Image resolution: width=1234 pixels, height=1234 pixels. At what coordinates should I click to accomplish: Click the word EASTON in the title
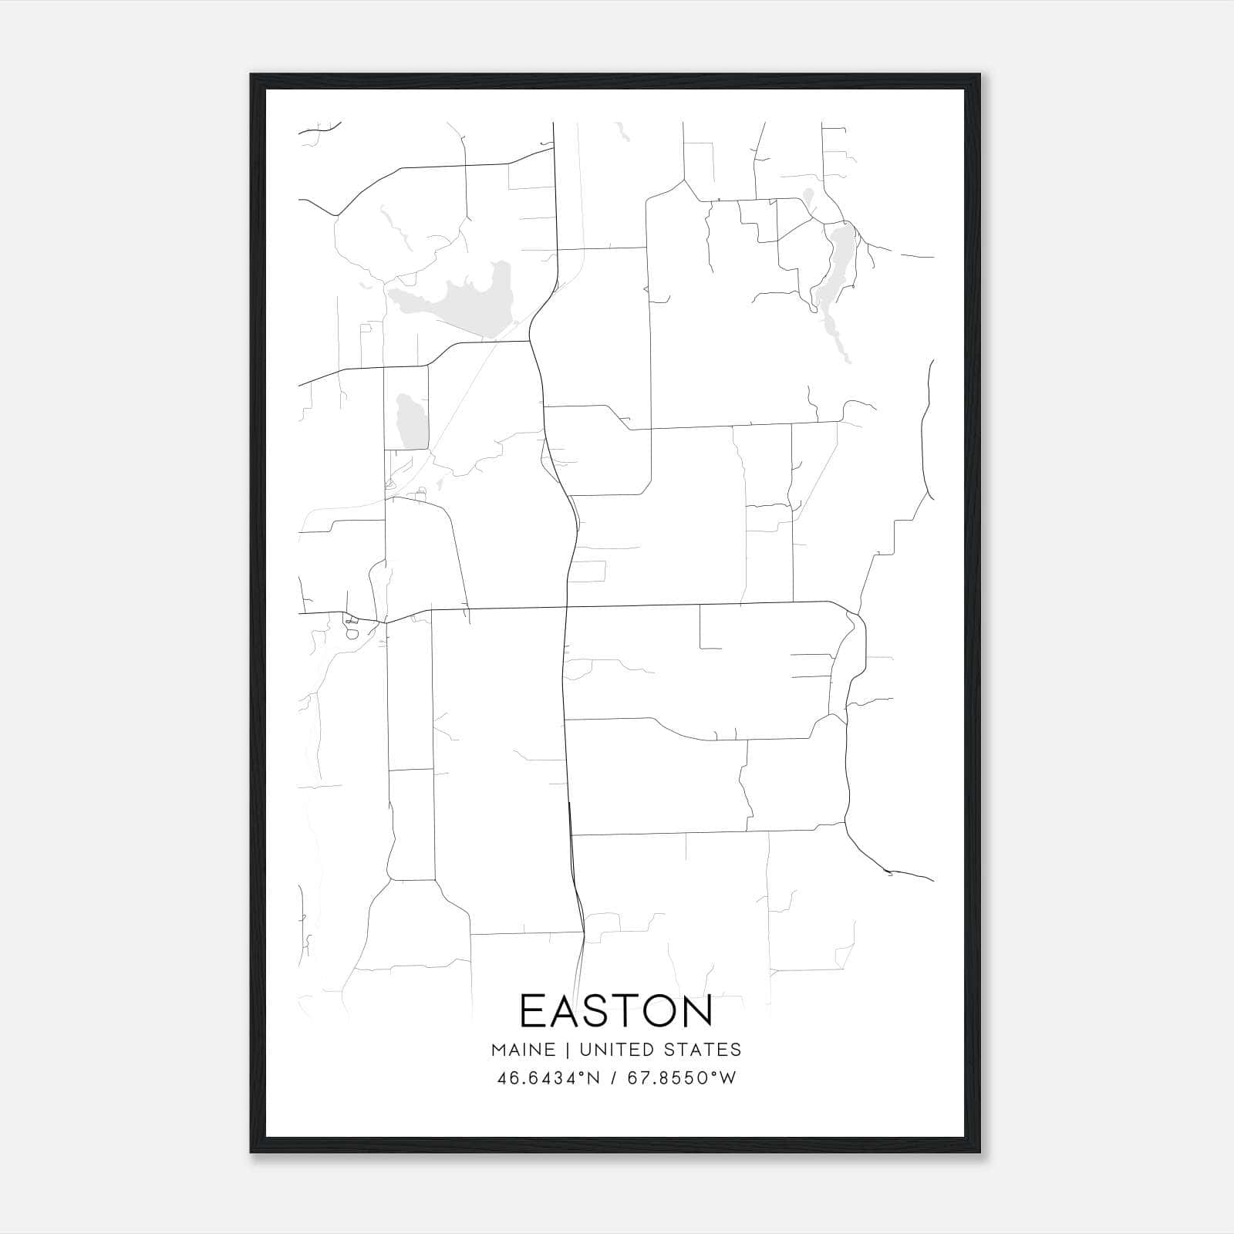click(x=616, y=1010)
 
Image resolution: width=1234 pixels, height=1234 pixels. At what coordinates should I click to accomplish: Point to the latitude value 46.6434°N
click(x=547, y=1078)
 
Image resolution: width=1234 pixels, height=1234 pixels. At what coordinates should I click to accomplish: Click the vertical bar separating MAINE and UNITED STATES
click(x=567, y=1050)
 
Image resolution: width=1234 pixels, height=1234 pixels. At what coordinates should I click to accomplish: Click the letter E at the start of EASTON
click(x=532, y=1010)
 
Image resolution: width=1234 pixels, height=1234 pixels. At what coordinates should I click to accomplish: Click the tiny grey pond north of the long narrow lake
click(x=807, y=197)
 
